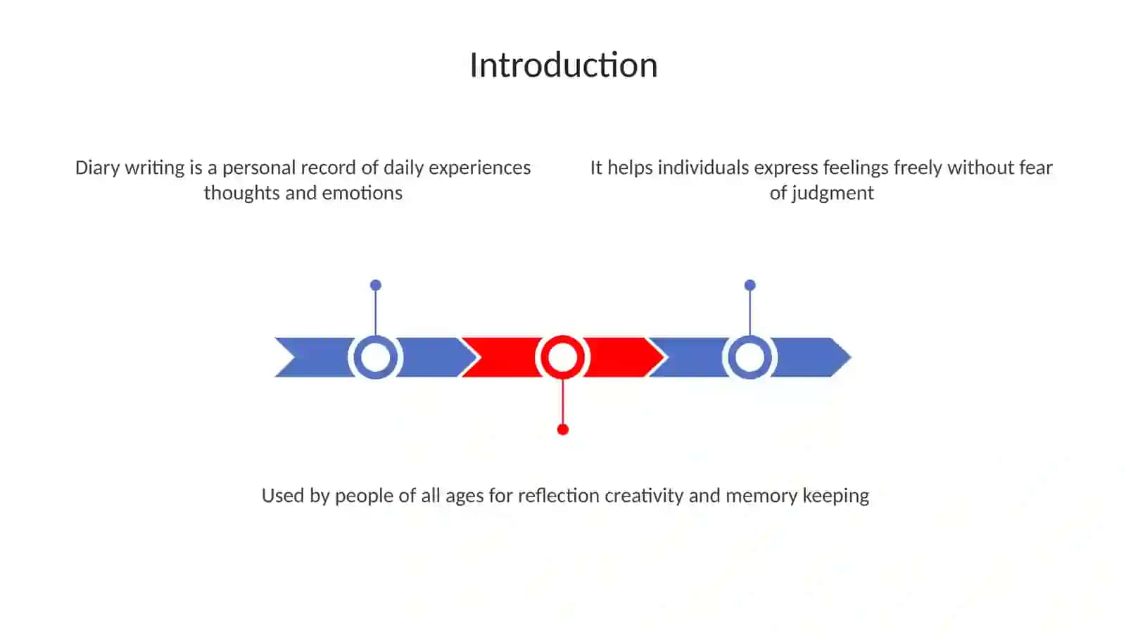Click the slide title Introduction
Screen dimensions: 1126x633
click(x=564, y=65)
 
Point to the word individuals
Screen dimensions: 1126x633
click(x=703, y=168)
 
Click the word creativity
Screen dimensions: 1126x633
click(x=644, y=496)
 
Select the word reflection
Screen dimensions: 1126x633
click(x=559, y=496)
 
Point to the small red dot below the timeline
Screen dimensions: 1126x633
click(x=563, y=430)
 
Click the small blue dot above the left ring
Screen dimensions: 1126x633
click(x=376, y=286)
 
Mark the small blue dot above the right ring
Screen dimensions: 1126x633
click(x=750, y=286)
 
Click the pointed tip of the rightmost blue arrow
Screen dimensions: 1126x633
click(x=851, y=358)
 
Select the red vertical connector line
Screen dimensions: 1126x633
click(x=562, y=402)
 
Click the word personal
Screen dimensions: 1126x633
click(x=261, y=168)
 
